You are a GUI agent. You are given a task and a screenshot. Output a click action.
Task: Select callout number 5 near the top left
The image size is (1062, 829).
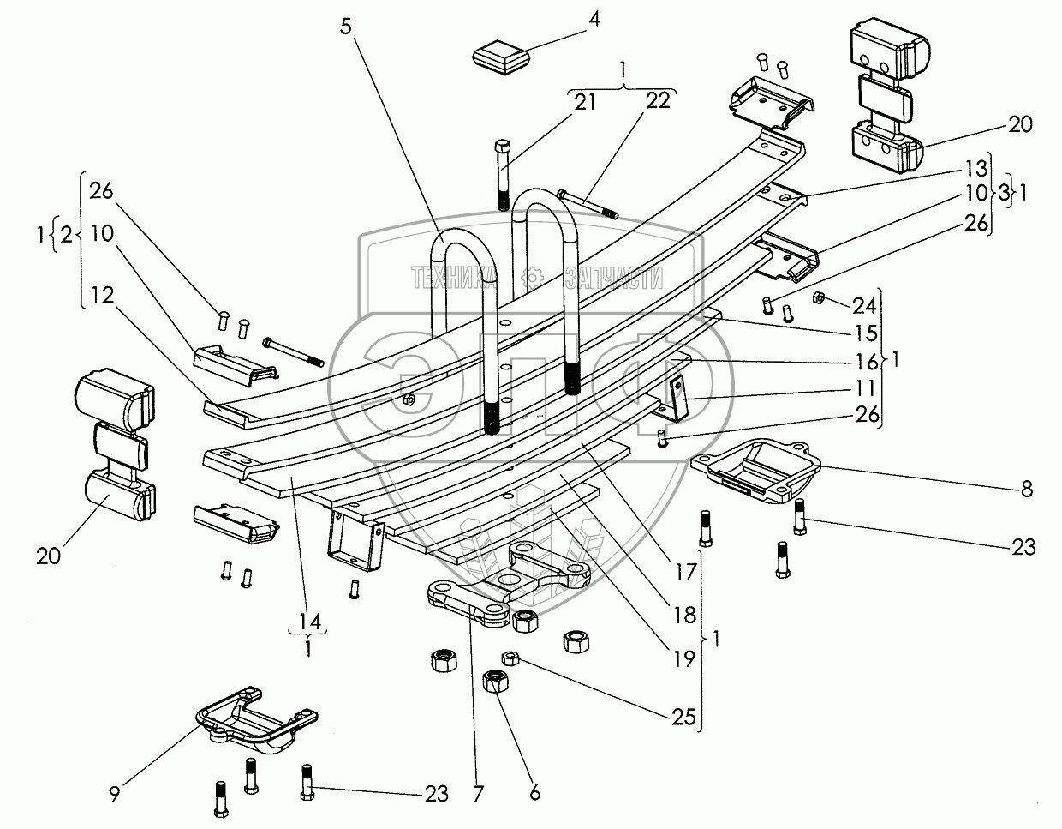346,26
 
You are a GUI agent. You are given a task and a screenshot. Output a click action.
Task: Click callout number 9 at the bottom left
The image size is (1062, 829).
115,793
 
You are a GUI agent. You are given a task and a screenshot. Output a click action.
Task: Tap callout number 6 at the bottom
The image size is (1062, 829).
535,793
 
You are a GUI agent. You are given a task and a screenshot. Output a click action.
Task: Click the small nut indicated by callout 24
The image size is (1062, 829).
817,297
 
